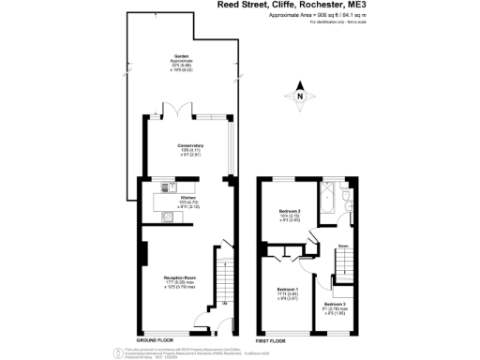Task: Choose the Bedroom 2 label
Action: click(x=289, y=215)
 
